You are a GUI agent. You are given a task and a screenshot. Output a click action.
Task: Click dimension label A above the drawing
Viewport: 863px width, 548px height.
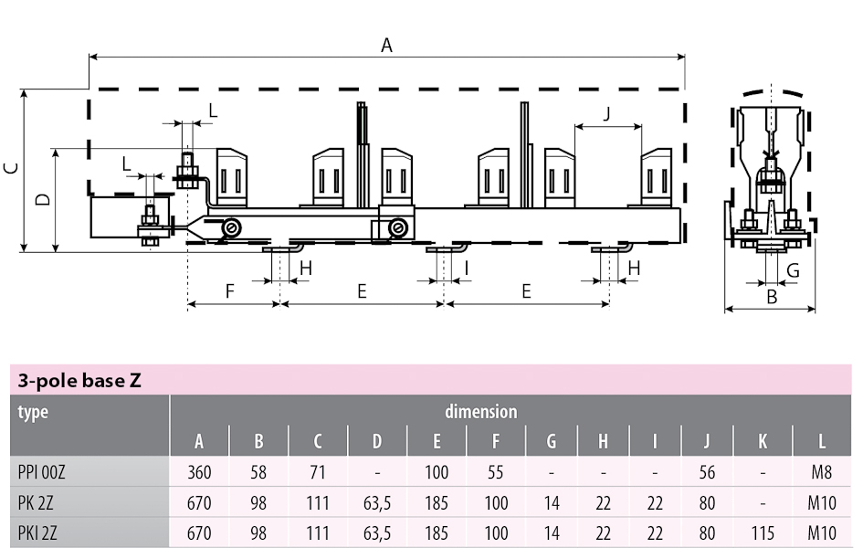386,45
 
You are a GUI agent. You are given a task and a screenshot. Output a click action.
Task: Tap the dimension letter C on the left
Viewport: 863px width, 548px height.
11,168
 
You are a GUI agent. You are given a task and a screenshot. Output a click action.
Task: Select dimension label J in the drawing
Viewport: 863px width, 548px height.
607,114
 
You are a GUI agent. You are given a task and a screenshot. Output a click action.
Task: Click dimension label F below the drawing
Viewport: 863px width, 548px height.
230,290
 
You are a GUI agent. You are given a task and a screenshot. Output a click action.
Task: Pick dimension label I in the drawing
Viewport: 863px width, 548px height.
467,268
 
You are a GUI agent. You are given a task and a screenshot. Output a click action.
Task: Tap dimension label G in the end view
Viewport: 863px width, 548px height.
793,270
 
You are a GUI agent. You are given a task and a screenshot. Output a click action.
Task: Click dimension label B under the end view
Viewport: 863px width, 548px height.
772,297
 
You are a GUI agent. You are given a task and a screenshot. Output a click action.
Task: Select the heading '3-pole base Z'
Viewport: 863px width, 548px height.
79,380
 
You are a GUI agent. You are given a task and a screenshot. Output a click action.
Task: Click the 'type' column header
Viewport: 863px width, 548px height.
33,412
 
